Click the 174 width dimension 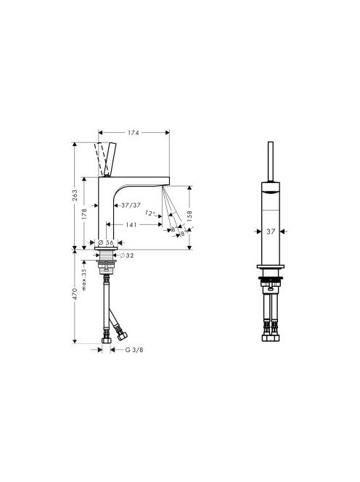(134, 133)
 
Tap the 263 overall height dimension (75, 195)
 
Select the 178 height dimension (84, 214)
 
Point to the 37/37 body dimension (131, 205)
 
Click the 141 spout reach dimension (131, 225)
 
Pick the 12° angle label (150, 213)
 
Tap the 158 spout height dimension (189, 216)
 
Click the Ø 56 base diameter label (106, 242)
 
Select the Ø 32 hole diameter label (127, 255)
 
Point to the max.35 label (84, 279)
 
